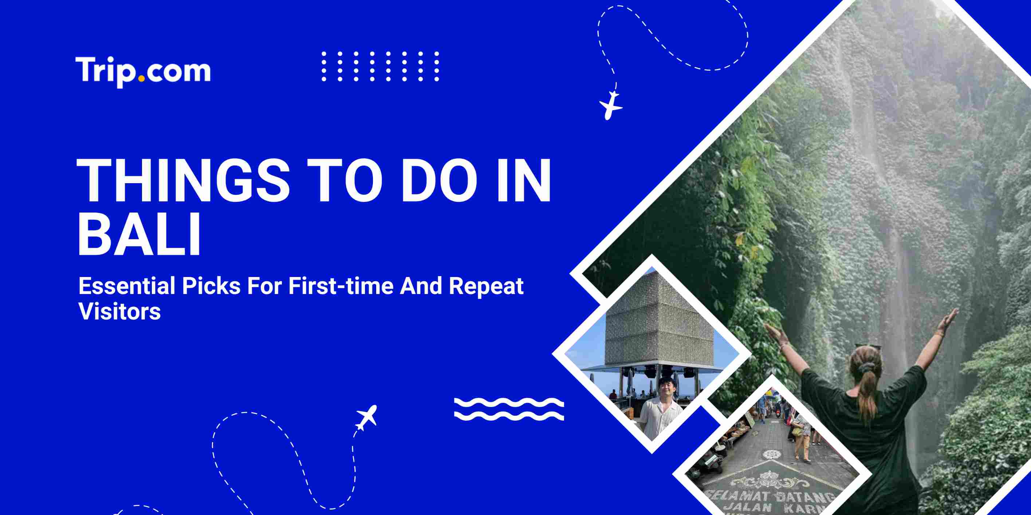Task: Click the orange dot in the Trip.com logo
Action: (141, 79)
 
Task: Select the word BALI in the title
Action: (139, 234)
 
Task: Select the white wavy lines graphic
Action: (509, 409)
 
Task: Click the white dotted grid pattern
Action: (380, 66)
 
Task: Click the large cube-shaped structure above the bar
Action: (659, 320)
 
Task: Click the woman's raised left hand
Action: (772, 331)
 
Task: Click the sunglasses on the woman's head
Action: (867, 346)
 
